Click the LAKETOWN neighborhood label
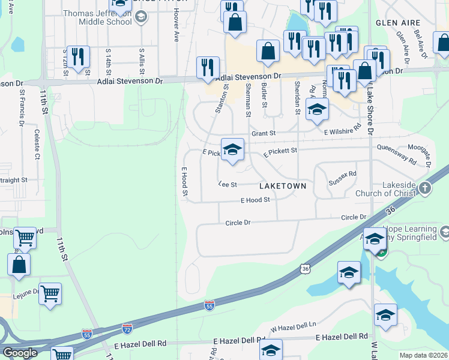coord(283,186)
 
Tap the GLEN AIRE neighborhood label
coord(397,22)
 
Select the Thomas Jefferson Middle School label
coord(97,17)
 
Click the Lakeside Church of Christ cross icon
coord(425,188)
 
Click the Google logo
coord(20,353)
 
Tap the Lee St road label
coord(228,184)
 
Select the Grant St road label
coord(263,133)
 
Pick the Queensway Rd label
coord(397,154)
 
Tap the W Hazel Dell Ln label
coord(293,328)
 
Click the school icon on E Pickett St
coord(232,149)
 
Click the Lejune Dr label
coord(28,292)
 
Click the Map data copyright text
coord(424,355)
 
